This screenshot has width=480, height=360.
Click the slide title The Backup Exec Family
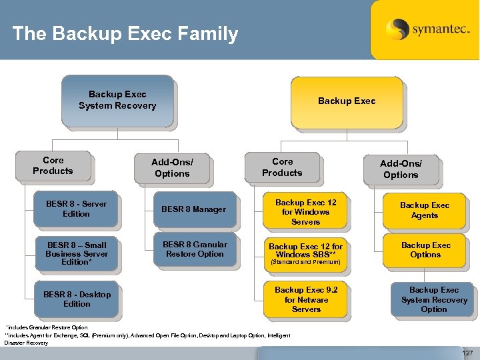(x=125, y=33)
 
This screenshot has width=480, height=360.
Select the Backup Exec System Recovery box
(x=117, y=100)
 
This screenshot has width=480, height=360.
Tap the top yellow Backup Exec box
(x=346, y=101)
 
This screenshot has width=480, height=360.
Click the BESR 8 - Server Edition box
(x=76, y=209)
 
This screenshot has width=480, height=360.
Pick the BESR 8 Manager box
(x=194, y=209)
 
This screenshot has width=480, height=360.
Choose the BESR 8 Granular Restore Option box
(x=195, y=249)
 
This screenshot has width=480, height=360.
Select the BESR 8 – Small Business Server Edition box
(x=76, y=253)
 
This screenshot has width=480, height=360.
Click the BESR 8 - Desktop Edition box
(x=77, y=299)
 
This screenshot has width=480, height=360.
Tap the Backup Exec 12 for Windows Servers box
(x=306, y=212)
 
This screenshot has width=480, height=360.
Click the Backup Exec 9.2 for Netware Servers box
(x=306, y=299)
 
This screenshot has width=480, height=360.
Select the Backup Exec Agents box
(x=425, y=210)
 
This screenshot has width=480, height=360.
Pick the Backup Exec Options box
(x=425, y=249)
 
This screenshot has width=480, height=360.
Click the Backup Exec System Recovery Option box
(x=434, y=299)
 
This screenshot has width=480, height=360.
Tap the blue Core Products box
(x=53, y=165)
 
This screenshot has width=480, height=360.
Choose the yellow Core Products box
(x=282, y=167)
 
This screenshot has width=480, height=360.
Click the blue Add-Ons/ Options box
(x=172, y=167)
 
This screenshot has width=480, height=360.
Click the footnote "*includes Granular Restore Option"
(x=47, y=327)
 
